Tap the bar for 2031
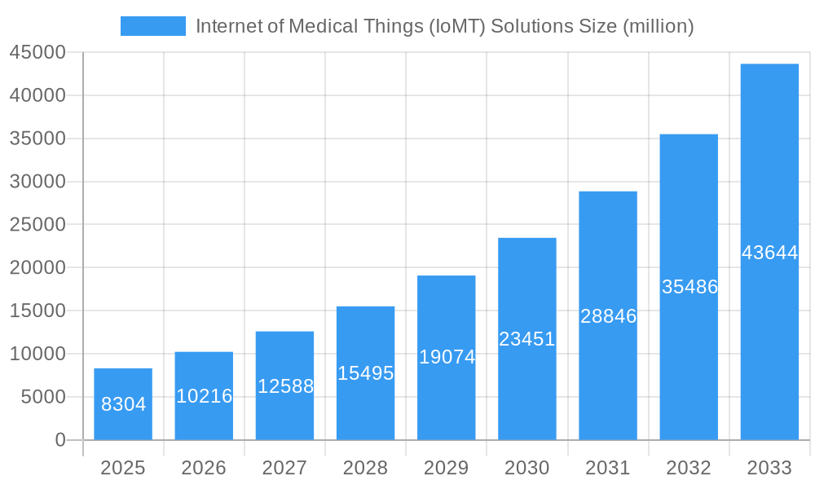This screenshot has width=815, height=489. (x=608, y=367)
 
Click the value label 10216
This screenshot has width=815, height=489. (x=204, y=396)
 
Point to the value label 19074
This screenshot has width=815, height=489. (x=447, y=357)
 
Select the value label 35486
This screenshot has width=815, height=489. (x=689, y=287)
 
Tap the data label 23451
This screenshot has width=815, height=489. (x=527, y=339)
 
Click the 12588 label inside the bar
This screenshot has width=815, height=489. (x=285, y=386)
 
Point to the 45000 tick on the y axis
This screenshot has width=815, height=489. (x=37, y=52)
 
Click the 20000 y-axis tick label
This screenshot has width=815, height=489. (x=37, y=267)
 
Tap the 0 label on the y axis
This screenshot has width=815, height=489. (x=60, y=440)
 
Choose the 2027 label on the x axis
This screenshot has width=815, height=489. (x=284, y=468)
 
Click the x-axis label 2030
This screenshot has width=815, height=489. (x=527, y=468)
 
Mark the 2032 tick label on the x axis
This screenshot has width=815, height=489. (x=689, y=468)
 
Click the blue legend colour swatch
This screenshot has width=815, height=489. (x=153, y=26)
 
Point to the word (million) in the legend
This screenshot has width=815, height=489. (x=659, y=26)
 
